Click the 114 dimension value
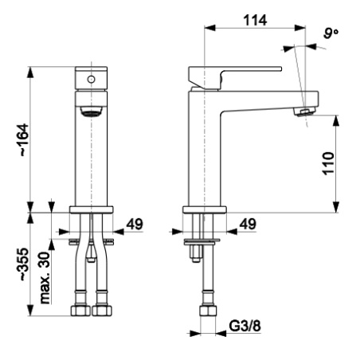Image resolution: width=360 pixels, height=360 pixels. (255, 21)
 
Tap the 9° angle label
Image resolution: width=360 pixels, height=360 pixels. (331, 33)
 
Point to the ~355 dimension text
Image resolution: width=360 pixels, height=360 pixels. (23, 264)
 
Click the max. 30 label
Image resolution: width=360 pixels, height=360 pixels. (45, 278)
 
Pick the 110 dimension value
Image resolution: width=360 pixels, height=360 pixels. (328, 163)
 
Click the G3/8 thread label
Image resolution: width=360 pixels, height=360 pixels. (245, 326)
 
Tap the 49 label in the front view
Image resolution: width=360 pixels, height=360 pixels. (135, 225)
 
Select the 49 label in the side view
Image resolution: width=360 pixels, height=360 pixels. (248, 225)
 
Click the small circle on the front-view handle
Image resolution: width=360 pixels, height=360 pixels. (91, 79)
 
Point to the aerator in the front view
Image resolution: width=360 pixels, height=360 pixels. (91, 112)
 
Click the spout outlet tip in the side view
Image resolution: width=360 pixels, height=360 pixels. (305, 112)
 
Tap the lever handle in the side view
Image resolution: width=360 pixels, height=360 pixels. (235, 77)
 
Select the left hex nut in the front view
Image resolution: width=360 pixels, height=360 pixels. (81, 311)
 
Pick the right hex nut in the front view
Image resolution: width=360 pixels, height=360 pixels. (102, 311)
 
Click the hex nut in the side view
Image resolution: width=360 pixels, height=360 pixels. (208, 311)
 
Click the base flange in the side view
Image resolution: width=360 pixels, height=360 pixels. (205, 209)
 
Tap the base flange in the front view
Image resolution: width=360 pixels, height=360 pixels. (92, 209)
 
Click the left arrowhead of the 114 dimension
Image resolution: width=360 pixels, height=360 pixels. (209, 28)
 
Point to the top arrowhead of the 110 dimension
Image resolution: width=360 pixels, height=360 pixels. (336, 121)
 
